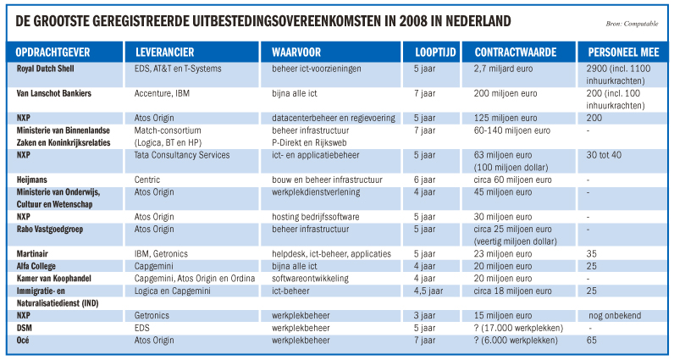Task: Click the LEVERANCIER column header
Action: [x=164, y=53]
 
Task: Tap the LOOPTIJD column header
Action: [x=435, y=53]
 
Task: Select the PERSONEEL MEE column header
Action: [x=623, y=53]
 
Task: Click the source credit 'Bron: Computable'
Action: [x=632, y=24]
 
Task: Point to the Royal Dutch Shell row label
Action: [x=45, y=69]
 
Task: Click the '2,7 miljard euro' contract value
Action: [x=503, y=69]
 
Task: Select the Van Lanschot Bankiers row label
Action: [x=53, y=93]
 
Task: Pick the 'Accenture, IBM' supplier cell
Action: [x=162, y=93]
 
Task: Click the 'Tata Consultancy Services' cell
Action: [x=182, y=155]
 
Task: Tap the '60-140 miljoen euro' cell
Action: [x=512, y=130]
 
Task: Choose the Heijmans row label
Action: [x=32, y=180]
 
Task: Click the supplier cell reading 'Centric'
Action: [x=147, y=180]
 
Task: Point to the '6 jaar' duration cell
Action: [x=424, y=180]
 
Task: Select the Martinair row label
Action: [x=32, y=254]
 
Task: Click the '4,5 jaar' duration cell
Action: [x=428, y=291]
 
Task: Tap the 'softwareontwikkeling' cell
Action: [x=310, y=279]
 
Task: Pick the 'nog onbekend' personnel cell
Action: [x=615, y=315]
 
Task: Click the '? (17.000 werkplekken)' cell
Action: [x=518, y=328]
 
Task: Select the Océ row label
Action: [x=23, y=340]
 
